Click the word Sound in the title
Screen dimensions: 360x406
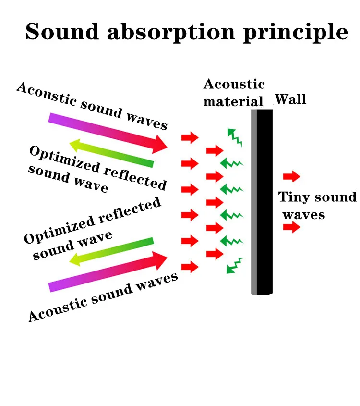point(62,32)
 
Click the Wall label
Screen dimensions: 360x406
point(291,99)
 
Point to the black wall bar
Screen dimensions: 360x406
point(264,202)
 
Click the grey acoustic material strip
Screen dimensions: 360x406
point(254,202)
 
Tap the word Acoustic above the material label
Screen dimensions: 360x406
point(234,84)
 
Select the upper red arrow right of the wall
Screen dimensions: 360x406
point(292,177)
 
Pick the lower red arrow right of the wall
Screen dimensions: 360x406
point(292,227)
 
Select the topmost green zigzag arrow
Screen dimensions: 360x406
point(234,137)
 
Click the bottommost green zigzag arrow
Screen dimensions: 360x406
point(235,265)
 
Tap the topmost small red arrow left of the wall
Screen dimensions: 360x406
point(190,137)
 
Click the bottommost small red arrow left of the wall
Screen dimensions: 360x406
point(190,267)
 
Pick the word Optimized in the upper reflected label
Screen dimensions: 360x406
point(64,159)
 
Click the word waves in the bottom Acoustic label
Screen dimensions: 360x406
point(157,282)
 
